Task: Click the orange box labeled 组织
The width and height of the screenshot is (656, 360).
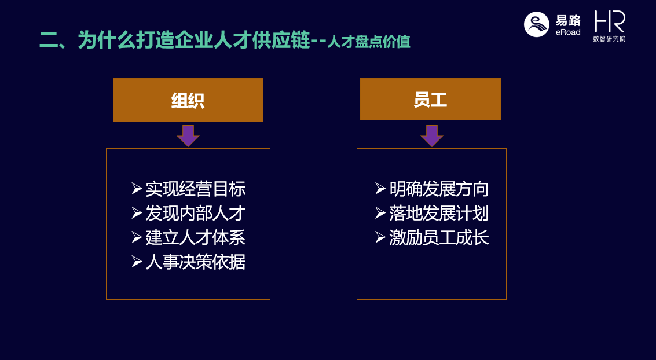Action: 188,100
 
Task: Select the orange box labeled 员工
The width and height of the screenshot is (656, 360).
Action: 430,99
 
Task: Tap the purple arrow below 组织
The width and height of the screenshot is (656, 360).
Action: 188,136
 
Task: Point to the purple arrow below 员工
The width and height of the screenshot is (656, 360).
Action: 432,136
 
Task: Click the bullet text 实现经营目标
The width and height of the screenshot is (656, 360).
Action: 195,189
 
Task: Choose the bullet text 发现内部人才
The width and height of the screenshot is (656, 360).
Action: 195,213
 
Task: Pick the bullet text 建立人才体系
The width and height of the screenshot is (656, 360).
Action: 195,237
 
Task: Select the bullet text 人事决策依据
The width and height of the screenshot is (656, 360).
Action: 195,262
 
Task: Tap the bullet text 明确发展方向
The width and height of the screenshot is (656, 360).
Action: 439,189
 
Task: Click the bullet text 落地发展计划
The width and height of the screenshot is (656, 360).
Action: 439,213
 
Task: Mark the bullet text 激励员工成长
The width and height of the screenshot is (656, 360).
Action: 439,237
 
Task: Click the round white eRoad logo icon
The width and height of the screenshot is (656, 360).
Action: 536,24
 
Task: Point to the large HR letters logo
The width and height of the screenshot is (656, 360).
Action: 610,21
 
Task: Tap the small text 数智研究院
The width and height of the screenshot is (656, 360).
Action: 609,38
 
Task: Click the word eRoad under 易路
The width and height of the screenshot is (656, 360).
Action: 568,32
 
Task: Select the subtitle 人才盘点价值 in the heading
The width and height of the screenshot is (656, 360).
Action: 369,42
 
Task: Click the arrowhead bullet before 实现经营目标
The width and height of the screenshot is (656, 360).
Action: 137,189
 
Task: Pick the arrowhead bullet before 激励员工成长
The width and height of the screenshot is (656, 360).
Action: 380,237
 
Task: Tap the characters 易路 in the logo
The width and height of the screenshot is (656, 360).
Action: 568,20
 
